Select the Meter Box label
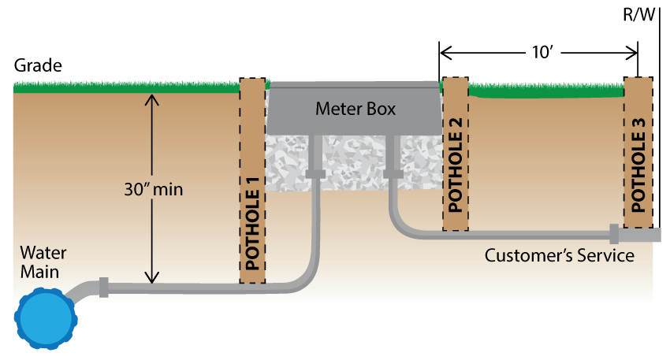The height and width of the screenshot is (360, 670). [x=355, y=109]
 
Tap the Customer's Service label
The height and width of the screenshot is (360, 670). [x=559, y=256]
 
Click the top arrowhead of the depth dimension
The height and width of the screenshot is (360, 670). [x=153, y=99]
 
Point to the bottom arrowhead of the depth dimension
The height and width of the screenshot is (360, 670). [x=153, y=277]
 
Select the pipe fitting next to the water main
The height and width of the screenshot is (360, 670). [x=103, y=287]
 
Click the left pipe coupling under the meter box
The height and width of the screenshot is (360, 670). [x=315, y=173]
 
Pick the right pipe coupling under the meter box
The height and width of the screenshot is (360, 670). [x=392, y=173]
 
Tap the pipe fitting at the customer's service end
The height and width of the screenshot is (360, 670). [x=614, y=233]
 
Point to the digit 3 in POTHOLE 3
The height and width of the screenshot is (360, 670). [x=638, y=130]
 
